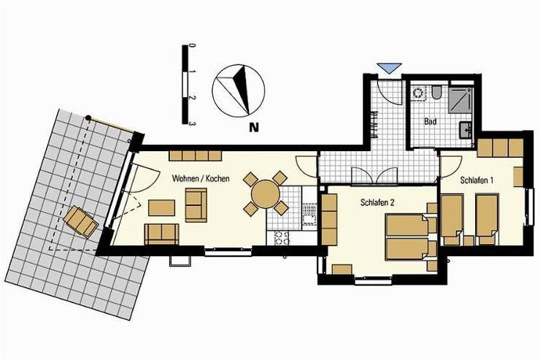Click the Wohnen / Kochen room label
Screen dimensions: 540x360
pyautogui.click(x=201, y=178)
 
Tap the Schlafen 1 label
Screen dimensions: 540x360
pyautogui.click(x=477, y=180)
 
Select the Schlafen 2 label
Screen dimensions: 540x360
pyautogui.click(x=377, y=202)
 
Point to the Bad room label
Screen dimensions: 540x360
pyautogui.click(x=430, y=121)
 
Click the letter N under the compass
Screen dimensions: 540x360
pyautogui.click(x=254, y=128)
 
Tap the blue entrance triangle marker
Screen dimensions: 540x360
pyautogui.click(x=390, y=68)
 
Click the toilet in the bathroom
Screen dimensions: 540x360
pyautogui.click(x=436, y=93)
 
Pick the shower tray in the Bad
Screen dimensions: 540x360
pyautogui.click(x=460, y=99)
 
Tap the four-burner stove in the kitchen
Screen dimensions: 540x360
pyautogui.click(x=282, y=237)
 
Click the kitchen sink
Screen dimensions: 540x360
pyautogui.click(x=309, y=214)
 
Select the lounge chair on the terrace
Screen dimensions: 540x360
pyautogui.click(x=81, y=222)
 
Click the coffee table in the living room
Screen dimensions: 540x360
pyautogui.click(x=161, y=207)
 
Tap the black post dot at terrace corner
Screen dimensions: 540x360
pyautogui.click(x=88, y=118)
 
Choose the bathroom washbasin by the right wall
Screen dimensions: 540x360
pyautogui.click(x=466, y=129)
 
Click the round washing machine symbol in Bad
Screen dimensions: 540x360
pyautogui.click(x=419, y=93)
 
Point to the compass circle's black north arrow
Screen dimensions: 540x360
pyautogui.click(x=243, y=89)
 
